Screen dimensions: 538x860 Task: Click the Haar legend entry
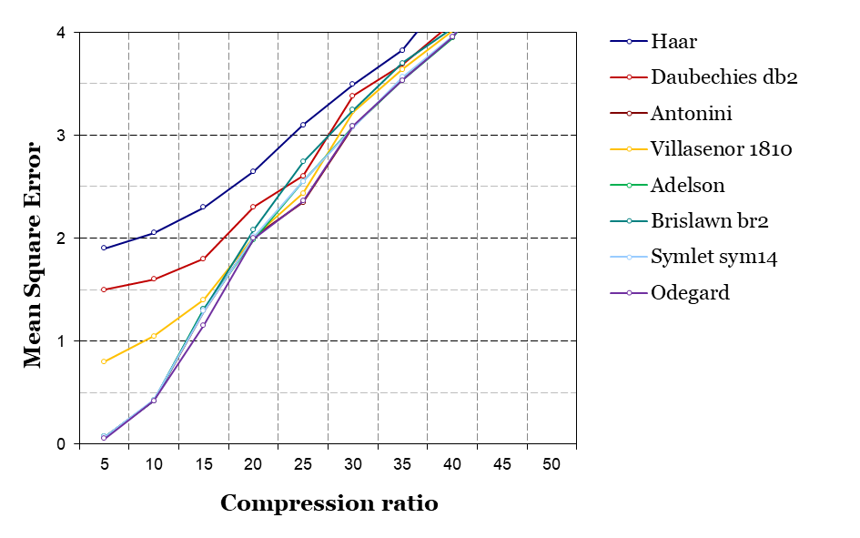[x=673, y=41]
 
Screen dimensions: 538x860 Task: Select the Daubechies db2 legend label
[x=723, y=77]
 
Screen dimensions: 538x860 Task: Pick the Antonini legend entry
[x=692, y=113]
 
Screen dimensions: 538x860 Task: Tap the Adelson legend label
[x=687, y=185]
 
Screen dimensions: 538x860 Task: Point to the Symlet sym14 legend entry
[x=713, y=257]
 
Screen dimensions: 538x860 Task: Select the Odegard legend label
[x=690, y=292]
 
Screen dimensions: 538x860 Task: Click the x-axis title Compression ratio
[x=329, y=503]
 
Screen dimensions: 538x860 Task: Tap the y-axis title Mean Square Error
[x=34, y=254]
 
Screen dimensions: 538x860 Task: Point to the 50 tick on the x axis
[x=551, y=464]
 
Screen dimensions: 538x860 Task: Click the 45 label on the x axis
[x=501, y=464]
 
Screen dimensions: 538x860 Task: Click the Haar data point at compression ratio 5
[x=104, y=248]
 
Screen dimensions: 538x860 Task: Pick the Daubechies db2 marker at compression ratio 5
[x=104, y=289]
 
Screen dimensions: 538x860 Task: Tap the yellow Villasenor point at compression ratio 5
[x=104, y=361]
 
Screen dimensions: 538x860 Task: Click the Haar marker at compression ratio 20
[x=253, y=171]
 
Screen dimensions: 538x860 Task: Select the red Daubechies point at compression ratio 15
[x=203, y=259]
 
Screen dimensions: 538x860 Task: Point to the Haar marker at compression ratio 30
[x=352, y=84]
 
